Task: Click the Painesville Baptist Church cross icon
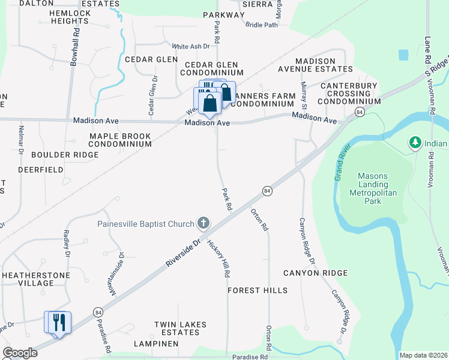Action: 203,224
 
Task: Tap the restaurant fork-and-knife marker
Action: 58,322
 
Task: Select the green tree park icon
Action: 414,143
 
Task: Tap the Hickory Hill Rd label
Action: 218,259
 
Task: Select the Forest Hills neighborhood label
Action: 258,290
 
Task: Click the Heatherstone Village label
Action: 36,279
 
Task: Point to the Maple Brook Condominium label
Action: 120,140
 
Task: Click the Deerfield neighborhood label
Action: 41,170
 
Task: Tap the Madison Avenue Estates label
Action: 324,66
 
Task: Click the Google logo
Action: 20,353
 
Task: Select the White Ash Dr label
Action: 190,46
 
